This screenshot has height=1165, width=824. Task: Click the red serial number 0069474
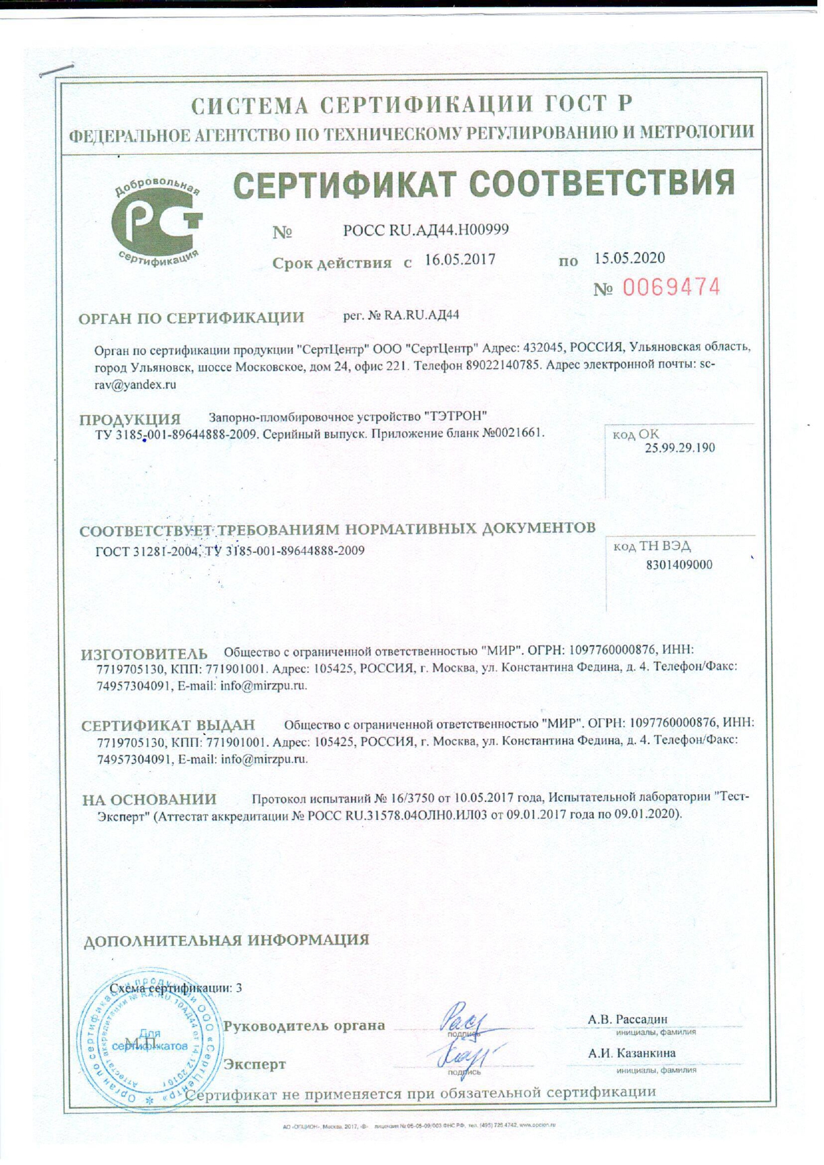click(671, 287)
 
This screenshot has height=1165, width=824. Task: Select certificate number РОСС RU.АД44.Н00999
click(426, 230)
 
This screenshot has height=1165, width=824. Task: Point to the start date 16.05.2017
click(460, 260)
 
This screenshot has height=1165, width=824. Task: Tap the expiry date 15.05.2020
click(629, 258)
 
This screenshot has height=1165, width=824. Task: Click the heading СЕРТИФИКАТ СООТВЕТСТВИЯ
click(484, 184)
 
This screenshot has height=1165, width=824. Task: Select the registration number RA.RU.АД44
click(422, 315)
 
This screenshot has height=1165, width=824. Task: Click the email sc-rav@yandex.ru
click(135, 384)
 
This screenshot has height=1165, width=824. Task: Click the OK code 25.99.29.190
click(679, 447)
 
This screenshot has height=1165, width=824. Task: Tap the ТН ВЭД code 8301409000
click(679, 565)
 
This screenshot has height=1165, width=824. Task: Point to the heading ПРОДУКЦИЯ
click(130, 420)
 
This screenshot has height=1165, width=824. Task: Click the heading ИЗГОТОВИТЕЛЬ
click(144, 654)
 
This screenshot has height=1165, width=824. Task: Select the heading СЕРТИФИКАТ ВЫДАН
click(168, 726)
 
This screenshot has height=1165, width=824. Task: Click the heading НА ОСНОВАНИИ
click(149, 799)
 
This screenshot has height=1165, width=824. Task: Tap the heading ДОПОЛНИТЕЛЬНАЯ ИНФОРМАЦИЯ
click(226, 940)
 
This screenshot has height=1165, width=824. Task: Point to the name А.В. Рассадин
click(627, 1019)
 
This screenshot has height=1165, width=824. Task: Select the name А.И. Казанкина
click(631, 1053)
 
